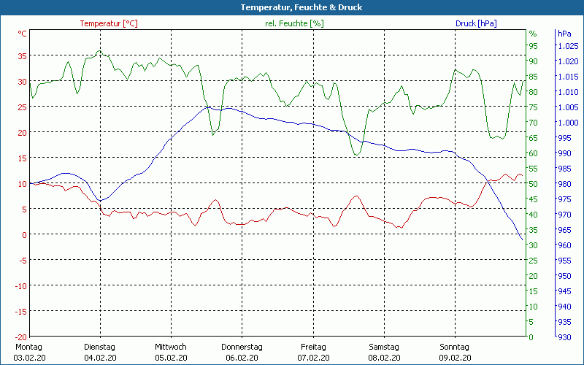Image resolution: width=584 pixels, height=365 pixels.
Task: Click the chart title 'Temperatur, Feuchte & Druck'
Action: pyautogui.click(x=292, y=7)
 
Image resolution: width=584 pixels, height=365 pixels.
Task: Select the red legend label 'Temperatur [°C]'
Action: pyautogui.click(x=109, y=23)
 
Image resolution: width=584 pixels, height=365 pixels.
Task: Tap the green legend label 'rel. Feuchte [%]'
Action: pyautogui.click(x=294, y=23)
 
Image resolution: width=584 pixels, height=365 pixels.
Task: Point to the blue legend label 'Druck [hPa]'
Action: pyautogui.click(x=476, y=23)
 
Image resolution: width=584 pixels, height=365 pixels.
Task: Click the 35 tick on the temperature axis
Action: pyautogui.click(x=22, y=55)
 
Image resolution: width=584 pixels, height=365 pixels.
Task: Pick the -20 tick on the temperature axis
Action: pyautogui.click(x=20, y=337)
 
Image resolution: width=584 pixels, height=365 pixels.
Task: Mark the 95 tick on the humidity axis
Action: pyautogui.click(x=533, y=46)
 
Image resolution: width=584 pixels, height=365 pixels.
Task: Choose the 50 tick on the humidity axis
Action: pyautogui.click(x=533, y=184)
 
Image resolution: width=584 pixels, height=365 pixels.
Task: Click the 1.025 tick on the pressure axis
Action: pyautogui.click(x=567, y=46)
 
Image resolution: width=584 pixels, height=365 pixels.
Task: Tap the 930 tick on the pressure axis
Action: pyautogui.click(x=564, y=337)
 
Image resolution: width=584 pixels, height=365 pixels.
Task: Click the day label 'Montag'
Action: pyautogui.click(x=28, y=347)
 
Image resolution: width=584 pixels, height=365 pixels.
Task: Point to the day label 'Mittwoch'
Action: pyautogui.click(x=171, y=347)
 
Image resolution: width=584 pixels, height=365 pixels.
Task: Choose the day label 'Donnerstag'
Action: pyautogui.click(x=242, y=347)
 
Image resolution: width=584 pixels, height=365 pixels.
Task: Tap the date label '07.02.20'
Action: pyautogui.click(x=313, y=358)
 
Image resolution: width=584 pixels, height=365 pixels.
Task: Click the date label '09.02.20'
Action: pyautogui.click(x=455, y=358)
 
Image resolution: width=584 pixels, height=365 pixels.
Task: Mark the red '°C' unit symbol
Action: pyautogui.click(x=23, y=34)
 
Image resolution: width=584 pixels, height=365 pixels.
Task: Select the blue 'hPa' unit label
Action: pyautogui.click(x=564, y=34)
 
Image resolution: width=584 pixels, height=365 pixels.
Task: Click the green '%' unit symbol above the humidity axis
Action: pyautogui.click(x=533, y=34)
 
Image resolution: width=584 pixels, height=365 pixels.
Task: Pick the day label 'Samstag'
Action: pyautogui.click(x=384, y=347)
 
